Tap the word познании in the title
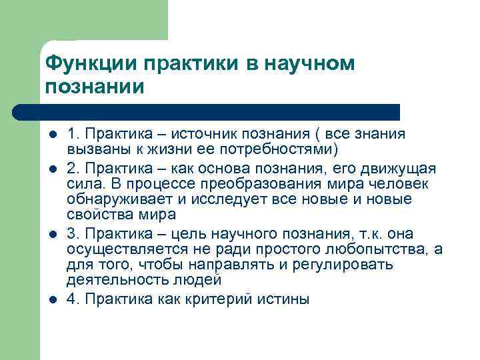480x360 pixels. point(94,87)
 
